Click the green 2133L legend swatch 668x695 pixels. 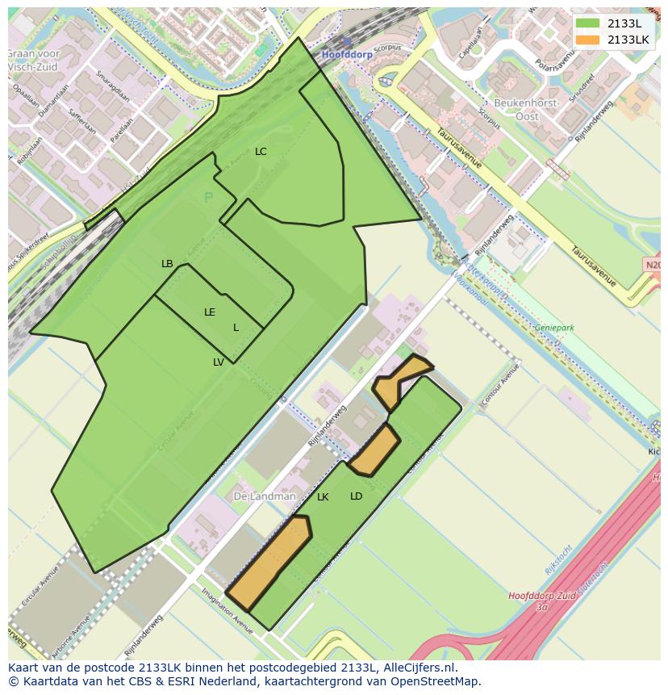tap(588, 23)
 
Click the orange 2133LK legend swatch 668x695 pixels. tap(588, 40)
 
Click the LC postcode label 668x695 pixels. tap(261, 152)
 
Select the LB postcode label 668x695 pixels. tap(167, 264)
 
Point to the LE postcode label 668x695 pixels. tap(210, 312)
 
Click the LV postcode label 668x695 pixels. tap(219, 362)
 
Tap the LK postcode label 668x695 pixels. tap(323, 497)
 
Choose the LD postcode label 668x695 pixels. tap(356, 496)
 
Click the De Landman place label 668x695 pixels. tap(265, 496)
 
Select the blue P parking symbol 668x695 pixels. tap(208, 198)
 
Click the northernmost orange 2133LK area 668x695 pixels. tap(398, 383)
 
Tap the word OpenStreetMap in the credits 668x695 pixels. tap(436, 681)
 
